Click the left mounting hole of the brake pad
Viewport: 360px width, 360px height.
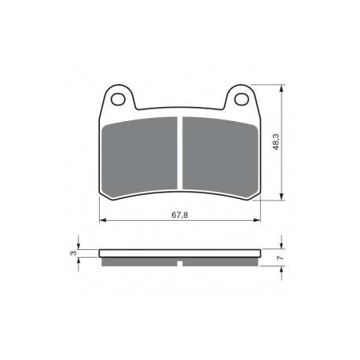tap(118, 99)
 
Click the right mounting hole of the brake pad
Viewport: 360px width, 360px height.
tap(241, 99)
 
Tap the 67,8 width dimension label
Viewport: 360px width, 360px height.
tap(180, 215)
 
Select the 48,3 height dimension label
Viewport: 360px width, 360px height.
tap(276, 141)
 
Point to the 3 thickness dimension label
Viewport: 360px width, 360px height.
tap(74, 253)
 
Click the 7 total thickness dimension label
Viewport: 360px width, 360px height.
tap(281, 258)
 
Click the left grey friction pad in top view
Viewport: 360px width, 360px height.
tap(139, 156)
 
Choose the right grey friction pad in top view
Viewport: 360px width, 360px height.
tap(220, 156)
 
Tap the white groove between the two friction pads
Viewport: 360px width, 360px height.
tap(180, 152)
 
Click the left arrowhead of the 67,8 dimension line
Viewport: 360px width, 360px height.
tap(103, 220)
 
